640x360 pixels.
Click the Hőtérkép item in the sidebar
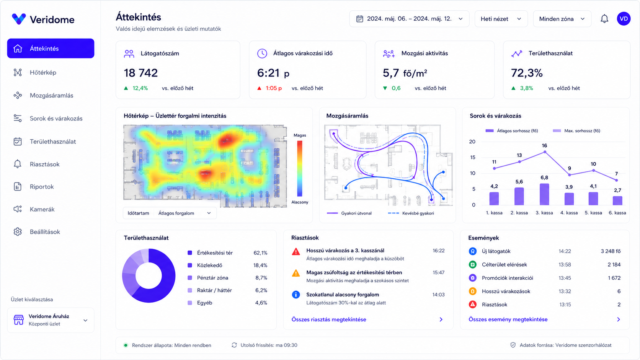[43, 73]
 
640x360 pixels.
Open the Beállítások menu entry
[45, 232]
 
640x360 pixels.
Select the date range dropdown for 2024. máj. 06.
[409, 19]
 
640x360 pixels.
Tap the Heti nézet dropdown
[501, 19]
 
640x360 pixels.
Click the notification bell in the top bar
[604, 19]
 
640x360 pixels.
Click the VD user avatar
[624, 19]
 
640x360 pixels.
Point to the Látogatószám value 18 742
[140, 73]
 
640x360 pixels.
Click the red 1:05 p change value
[274, 88]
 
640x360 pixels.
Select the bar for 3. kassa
[544, 194]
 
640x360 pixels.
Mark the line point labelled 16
[545, 152]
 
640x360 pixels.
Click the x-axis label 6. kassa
[617, 213]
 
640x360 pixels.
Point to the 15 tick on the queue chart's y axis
[472, 157]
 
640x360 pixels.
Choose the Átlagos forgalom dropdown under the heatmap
[184, 213]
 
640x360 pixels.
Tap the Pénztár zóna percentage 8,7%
[261, 278]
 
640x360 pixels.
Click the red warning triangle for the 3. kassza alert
[296, 251]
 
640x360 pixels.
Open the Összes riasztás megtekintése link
[328, 319]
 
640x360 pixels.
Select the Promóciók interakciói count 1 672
[614, 278]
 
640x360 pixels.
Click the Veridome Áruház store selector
[51, 320]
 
